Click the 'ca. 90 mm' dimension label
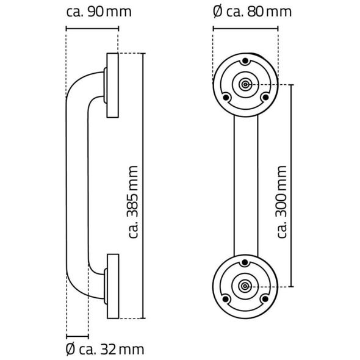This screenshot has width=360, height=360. point(99,12)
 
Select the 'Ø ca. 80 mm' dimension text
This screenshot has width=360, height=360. point(252,12)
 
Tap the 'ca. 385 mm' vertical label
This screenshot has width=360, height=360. point(132,202)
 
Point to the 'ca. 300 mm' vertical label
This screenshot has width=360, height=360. point(281,201)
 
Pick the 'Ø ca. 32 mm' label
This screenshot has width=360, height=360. point(105,350)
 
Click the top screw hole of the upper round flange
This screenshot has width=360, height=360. point(245,61)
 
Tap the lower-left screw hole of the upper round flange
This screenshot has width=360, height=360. point(226,98)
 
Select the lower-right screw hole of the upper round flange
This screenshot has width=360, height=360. point(265,98)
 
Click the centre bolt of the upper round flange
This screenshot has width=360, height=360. point(245,85)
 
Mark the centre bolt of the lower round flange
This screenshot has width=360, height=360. point(245,286)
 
